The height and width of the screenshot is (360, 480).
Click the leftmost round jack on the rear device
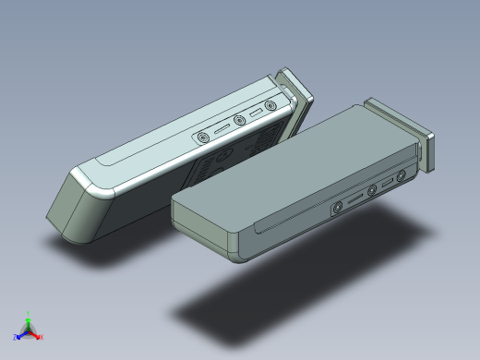tap(203, 138)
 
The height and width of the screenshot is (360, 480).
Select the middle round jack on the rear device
tap(240, 121)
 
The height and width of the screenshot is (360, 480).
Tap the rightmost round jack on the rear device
tap(270, 106)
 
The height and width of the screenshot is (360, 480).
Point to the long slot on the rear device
tap(222, 129)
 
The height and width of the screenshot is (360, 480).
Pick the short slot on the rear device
tap(256, 114)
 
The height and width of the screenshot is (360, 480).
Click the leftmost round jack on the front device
tap(339, 208)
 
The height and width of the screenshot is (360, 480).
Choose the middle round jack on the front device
tap(373, 191)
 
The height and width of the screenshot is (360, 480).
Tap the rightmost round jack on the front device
tap(402, 176)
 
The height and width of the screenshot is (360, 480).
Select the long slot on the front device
tap(356, 199)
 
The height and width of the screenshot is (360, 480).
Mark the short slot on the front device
tap(388, 183)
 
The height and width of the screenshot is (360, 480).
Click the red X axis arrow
tap(38, 336)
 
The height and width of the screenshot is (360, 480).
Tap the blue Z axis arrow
tap(20, 334)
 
